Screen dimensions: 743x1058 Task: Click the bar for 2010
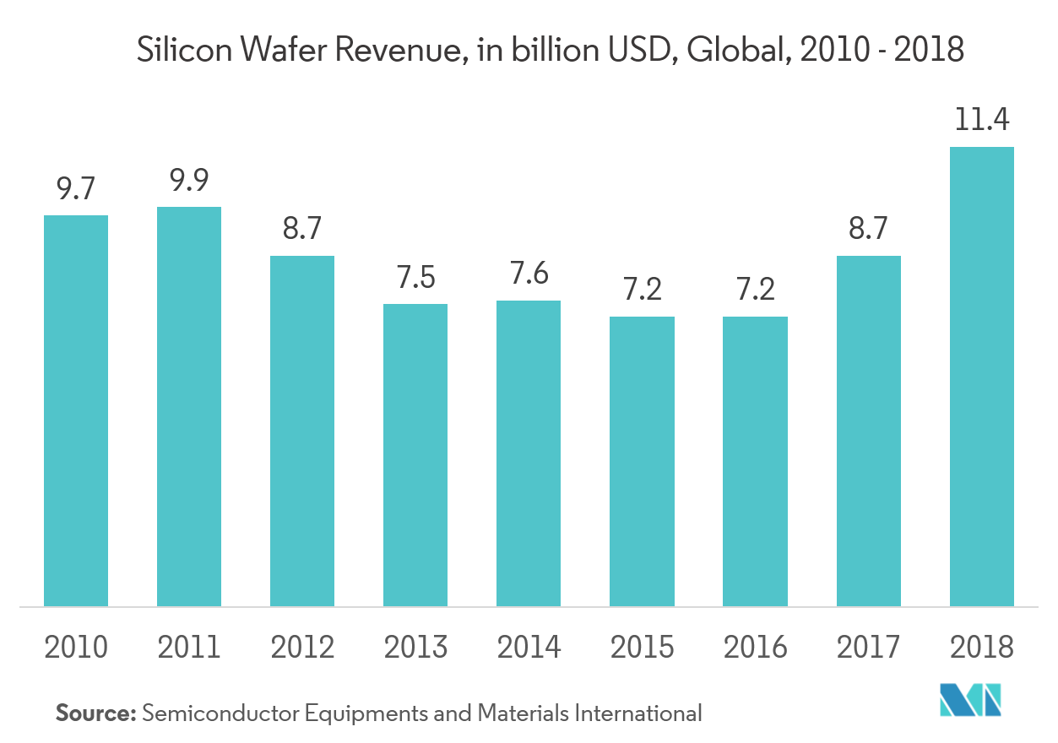tap(76, 410)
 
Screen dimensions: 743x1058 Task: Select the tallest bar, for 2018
tap(982, 377)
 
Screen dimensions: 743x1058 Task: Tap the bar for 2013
tap(415, 455)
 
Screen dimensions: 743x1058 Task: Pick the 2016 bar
tap(755, 461)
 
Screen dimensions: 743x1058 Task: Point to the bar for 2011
tap(189, 406)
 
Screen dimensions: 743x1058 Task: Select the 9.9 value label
tap(189, 180)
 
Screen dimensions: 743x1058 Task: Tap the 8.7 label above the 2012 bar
tap(302, 229)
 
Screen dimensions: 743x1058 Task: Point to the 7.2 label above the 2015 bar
tap(642, 290)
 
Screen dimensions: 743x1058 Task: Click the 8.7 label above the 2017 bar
tap(869, 229)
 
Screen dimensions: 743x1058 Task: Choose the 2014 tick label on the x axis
tap(529, 648)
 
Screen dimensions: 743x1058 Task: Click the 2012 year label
tap(302, 648)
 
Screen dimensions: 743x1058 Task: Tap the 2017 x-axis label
tap(869, 648)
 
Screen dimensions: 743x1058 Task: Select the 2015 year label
tap(642, 648)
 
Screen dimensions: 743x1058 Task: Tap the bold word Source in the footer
tap(95, 713)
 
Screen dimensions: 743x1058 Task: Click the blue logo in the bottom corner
tap(971, 698)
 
